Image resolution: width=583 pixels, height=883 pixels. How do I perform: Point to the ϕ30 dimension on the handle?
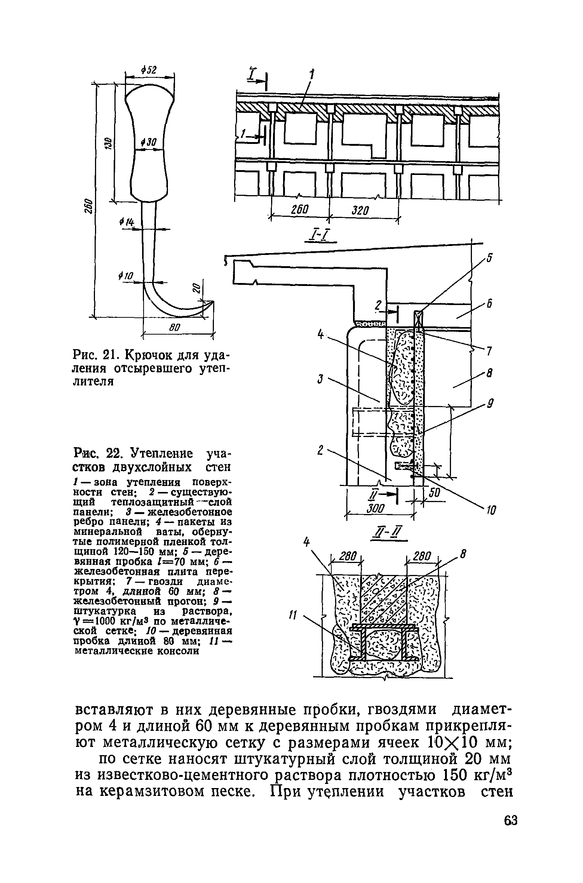(x=150, y=142)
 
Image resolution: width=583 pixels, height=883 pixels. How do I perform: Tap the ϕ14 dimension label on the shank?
(x=126, y=222)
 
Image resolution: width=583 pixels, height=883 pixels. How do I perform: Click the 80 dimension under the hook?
(x=175, y=328)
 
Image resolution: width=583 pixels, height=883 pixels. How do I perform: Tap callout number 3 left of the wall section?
(x=320, y=380)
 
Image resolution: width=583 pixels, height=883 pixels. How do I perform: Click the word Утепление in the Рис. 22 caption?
(x=162, y=455)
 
